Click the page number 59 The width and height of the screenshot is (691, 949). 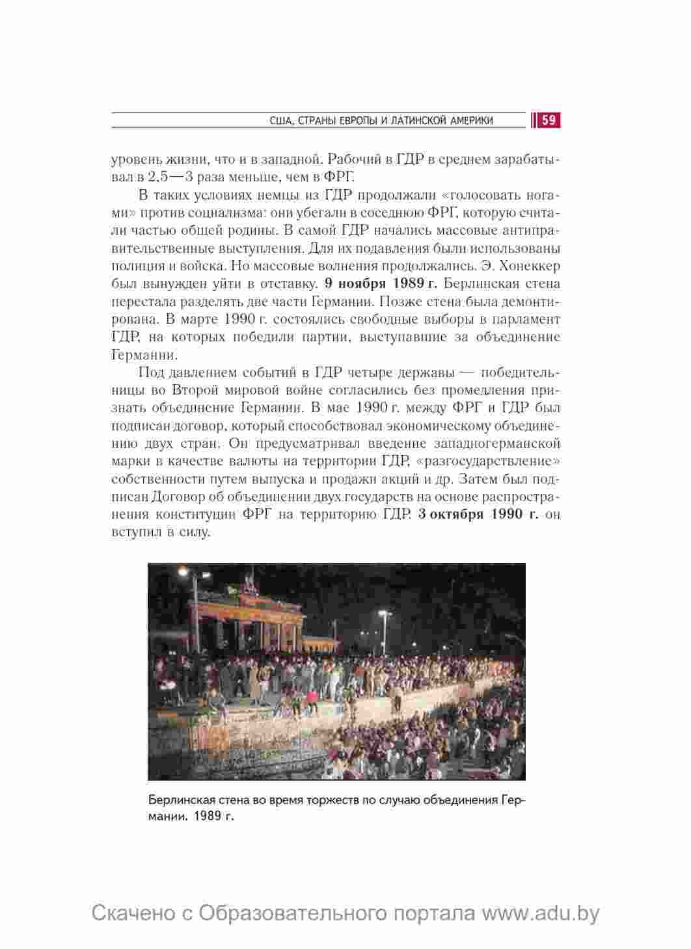[x=549, y=120]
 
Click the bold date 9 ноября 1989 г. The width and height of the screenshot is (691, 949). [x=381, y=283]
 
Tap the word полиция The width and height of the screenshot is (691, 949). [x=137, y=266]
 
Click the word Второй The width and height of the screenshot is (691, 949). [x=195, y=390]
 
